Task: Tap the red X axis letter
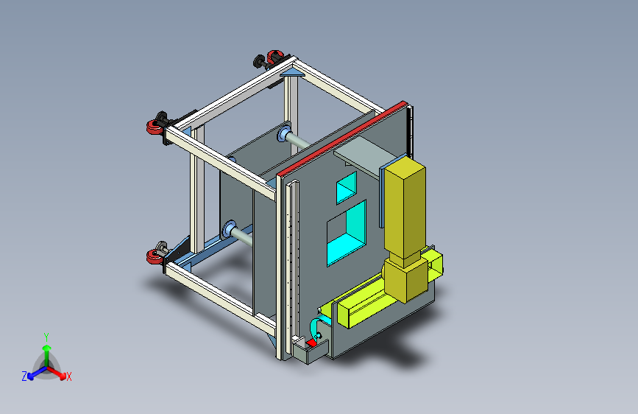click(x=69, y=376)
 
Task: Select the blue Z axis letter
click(x=24, y=376)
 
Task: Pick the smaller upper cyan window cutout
click(x=346, y=190)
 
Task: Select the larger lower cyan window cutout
click(x=347, y=232)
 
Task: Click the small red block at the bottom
click(x=312, y=343)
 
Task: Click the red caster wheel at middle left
click(x=155, y=127)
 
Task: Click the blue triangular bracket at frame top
click(x=293, y=73)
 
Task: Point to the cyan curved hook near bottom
click(x=319, y=328)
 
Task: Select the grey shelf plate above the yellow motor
click(x=361, y=154)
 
